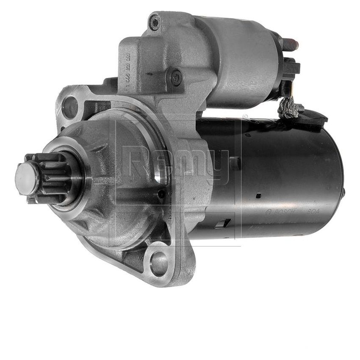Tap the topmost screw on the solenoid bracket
(x=154, y=22)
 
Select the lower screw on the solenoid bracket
(x=175, y=78)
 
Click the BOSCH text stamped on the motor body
(x=280, y=211)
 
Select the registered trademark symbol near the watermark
(x=245, y=116)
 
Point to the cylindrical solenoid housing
(x=241, y=59)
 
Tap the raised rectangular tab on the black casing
(x=234, y=163)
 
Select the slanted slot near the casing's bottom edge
(x=223, y=224)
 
